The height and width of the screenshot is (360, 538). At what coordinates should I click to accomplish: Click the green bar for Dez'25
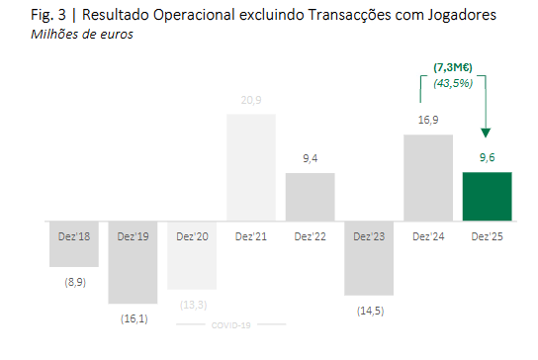[x=487, y=197]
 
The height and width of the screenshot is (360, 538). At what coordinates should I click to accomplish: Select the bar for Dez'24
[x=428, y=178]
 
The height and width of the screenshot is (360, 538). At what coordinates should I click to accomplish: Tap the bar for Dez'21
[x=251, y=167]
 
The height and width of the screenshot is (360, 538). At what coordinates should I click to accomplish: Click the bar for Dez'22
[x=310, y=197]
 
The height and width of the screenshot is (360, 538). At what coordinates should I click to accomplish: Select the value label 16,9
[x=428, y=121]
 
